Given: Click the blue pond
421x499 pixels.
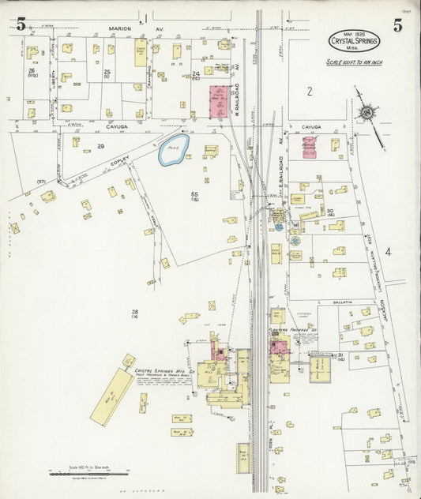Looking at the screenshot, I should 173,149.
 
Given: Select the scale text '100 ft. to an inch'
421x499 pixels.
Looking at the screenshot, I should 354,62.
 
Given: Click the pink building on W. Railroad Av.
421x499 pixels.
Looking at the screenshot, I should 220,102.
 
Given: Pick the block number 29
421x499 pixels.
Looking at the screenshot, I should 100,147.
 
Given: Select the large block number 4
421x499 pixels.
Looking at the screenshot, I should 388,252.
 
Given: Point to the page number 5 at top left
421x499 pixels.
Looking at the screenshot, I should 20,25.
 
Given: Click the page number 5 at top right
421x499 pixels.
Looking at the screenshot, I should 397,25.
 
